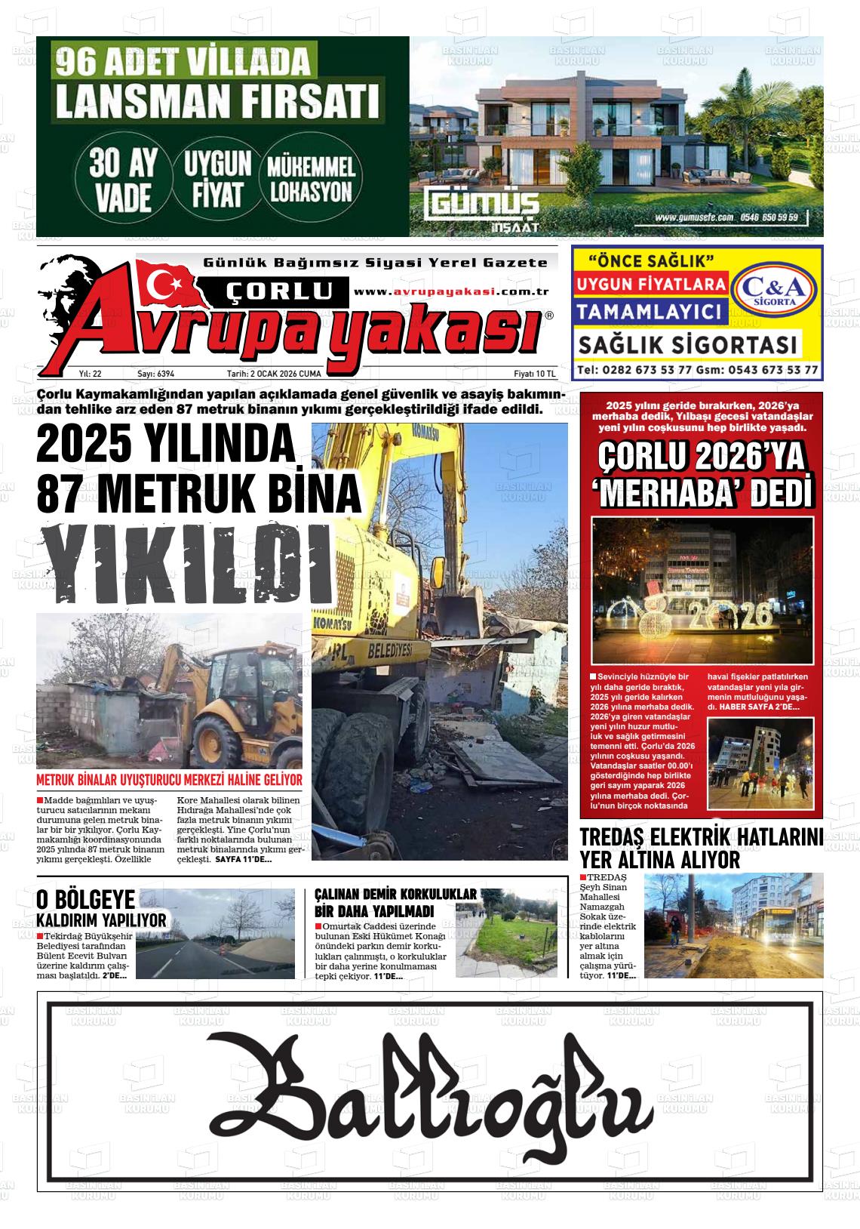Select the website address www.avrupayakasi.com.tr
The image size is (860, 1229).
click(x=450, y=291)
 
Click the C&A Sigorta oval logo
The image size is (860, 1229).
click(x=776, y=291)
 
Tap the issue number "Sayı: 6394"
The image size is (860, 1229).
click(x=155, y=374)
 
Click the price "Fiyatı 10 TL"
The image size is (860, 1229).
click(x=534, y=374)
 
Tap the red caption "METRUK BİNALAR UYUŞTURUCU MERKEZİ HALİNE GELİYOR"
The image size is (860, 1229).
click(x=169, y=780)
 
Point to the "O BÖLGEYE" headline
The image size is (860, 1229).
click(x=86, y=899)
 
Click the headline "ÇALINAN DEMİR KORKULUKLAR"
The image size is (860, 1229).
click(x=395, y=894)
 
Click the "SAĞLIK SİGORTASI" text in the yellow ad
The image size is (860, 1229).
click(x=687, y=345)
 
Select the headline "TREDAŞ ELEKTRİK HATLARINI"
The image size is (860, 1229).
click(x=700, y=838)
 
